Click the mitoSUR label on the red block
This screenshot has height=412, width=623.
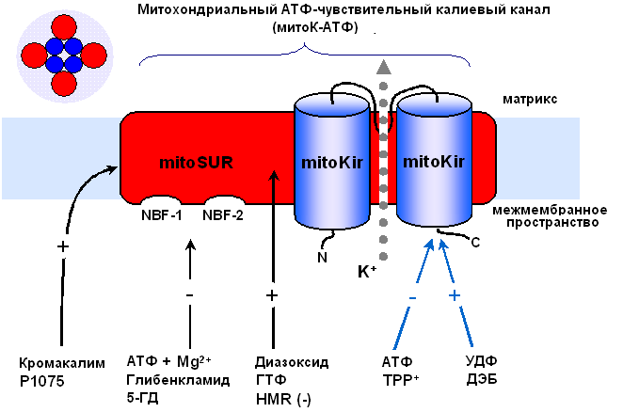196,161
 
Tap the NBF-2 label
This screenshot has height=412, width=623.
223,215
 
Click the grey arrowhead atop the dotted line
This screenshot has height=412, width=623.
382,67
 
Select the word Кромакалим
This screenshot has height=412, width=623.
58,362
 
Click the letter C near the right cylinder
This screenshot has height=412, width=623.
475,243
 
